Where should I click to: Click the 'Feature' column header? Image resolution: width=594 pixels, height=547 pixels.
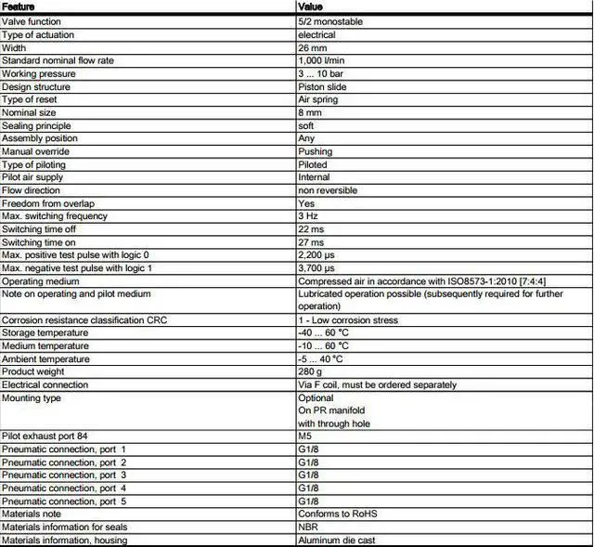click(x=19, y=7)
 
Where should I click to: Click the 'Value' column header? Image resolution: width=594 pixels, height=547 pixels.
click(x=311, y=7)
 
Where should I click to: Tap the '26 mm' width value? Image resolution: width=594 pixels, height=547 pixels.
click(x=312, y=47)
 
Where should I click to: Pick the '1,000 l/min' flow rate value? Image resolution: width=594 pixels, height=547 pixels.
click(x=323, y=60)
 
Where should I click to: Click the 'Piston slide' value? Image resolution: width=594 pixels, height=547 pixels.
click(x=322, y=86)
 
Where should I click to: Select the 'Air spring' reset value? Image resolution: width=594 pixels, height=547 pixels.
click(x=318, y=99)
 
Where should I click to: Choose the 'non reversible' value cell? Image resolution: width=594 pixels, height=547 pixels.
click(x=328, y=190)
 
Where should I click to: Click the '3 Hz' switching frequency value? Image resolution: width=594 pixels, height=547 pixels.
click(x=309, y=216)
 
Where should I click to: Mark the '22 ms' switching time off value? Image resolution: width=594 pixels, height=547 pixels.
click(x=311, y=229)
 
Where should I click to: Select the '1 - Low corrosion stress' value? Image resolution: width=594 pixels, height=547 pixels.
click(x=348, y=319)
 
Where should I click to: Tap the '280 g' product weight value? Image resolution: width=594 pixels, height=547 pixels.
click(x=311, y=371)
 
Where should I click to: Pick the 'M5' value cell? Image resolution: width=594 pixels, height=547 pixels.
click(x=305, y=436)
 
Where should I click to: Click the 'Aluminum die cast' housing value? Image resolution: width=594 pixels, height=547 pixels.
click(x=337, y=540)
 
